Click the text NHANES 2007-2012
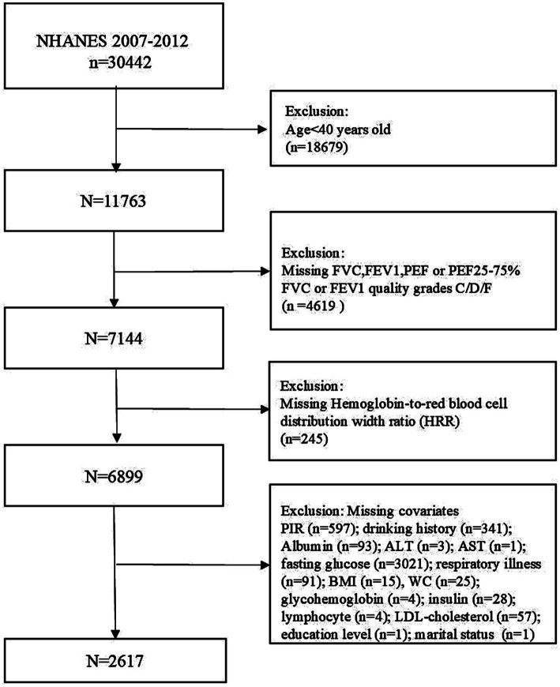pos(112,41)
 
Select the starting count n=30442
pos(120,62)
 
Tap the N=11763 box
pos(114,201)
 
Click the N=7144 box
pos(114,338)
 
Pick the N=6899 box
pos(114,476)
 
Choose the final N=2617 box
pos(115,660)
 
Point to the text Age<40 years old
pos(338,130)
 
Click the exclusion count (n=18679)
pos(317,148)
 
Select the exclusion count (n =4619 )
pos(313,306)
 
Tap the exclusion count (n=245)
pos(303,438)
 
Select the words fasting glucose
pos(325,564)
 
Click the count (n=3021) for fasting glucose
pos(401,564)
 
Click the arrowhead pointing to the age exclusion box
pos(262,130)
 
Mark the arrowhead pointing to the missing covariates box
pos(265,565)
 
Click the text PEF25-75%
pos(484,270)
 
